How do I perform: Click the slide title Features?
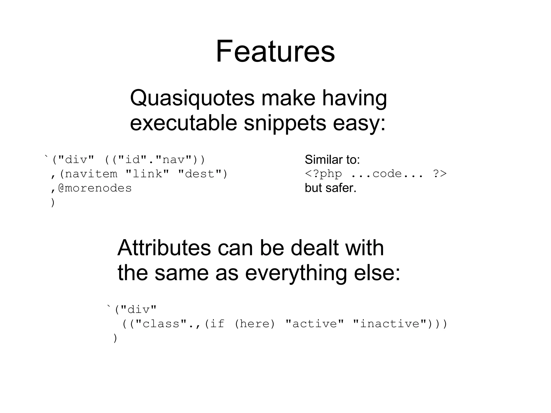(275, 51)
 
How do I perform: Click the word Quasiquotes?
(192, 98)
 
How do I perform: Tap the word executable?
(183, 123)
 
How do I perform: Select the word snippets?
(285, 123)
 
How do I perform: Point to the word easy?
(359, 123)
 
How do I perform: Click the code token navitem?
(91, 174)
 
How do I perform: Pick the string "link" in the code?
(147, 174)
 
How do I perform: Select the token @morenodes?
(95, 188)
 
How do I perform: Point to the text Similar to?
(332, 160)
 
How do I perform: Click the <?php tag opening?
(323, 174)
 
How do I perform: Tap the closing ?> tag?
(440, 174)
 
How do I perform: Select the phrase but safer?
(330, 188)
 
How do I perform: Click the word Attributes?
(164, 248)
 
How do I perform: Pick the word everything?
(296, 273)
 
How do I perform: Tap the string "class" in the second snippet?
(161, 324)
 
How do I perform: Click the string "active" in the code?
(315, 324)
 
